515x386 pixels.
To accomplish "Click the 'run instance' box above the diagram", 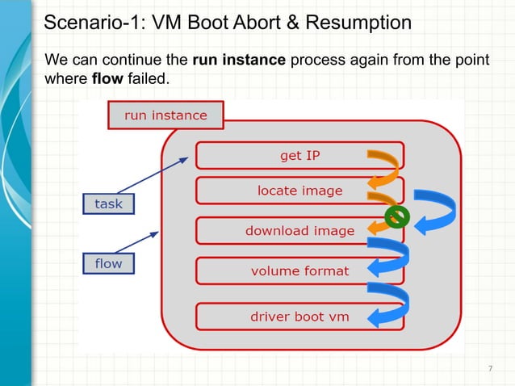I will coord(165,115).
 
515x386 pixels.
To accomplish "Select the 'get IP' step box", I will coord(300,156).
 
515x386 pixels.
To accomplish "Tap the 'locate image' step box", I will coord(300,191).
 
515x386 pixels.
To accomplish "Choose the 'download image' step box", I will coord(300,231).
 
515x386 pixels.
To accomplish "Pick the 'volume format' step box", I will coord(300,271).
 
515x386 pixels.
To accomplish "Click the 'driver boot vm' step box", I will coord(300,316).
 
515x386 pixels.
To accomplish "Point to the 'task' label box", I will coord(108,204).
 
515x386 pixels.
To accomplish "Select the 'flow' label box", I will coord(108,264).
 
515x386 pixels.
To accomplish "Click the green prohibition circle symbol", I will coord(396,216).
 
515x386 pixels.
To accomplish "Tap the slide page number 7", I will coord(490,369).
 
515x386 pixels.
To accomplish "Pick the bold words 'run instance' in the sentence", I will coord(239,61).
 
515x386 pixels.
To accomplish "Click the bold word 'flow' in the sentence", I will coord(107,80).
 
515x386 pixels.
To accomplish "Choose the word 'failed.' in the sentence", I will coord(149,80).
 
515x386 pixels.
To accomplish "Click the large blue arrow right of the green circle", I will coord(437,212).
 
